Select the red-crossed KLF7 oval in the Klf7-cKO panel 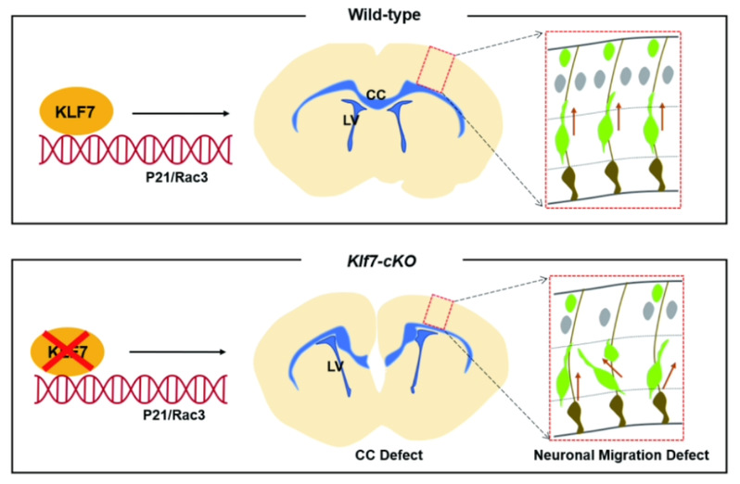click(x=77, y=350)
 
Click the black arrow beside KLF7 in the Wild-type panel click(x=180, y=113)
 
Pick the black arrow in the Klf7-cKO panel click(x=177, y=352)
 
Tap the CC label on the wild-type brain click(x=376, y=94)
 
